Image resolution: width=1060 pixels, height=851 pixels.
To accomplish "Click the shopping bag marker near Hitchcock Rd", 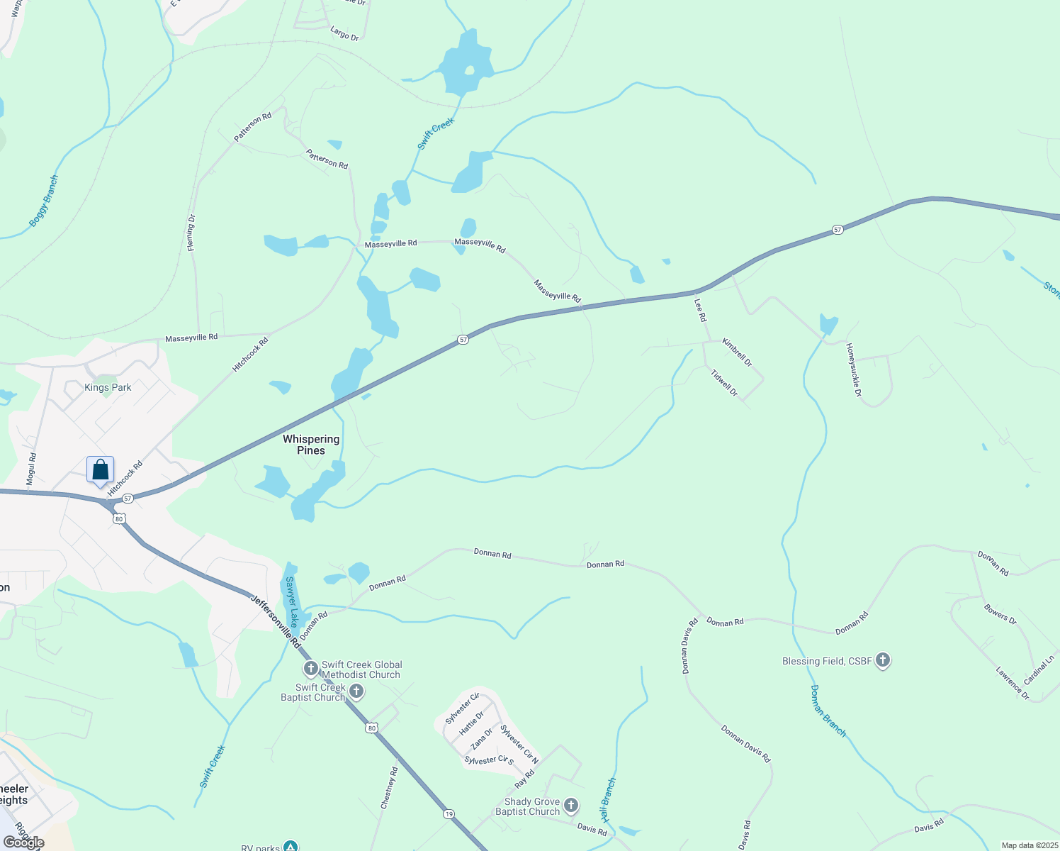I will [x=101, y=469].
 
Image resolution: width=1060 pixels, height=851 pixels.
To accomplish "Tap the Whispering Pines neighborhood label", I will [x=311, y=445].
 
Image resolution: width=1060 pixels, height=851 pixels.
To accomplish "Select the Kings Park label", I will [x=108, y=387].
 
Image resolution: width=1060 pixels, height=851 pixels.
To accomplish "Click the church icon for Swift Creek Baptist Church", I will [x=356, y=691].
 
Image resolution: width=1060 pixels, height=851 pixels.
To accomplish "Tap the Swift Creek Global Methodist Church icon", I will [x=310, y=669].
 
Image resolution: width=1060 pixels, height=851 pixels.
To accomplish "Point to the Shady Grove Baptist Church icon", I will [x=571, y=806].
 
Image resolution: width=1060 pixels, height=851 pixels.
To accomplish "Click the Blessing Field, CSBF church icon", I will [x=882, y=661].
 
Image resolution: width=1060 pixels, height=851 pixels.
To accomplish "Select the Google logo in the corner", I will [x=24, y=842].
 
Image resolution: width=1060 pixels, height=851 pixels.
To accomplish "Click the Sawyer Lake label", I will [x=291, y=602].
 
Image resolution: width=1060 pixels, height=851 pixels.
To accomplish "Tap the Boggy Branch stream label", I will [x=44, y=201].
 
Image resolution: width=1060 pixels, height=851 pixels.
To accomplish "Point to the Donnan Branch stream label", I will [x=828, y=711].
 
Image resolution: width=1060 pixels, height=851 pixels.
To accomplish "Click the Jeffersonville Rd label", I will [x=276, y=621].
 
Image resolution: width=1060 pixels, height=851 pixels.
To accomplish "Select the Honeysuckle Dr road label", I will [x=853, y=369].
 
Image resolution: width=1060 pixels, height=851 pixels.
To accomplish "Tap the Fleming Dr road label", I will [x=191, y=233].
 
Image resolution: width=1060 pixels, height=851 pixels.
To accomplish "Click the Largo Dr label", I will [x=344, y=33].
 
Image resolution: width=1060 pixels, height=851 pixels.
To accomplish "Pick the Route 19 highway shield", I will [x=449, y=813].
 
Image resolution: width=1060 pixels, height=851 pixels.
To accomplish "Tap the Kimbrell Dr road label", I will [x=737, y=352].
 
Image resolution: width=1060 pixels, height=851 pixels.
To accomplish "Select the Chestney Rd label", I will [x=389, y=787].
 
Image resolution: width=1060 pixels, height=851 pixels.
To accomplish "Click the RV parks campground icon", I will [x=290, y=846].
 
